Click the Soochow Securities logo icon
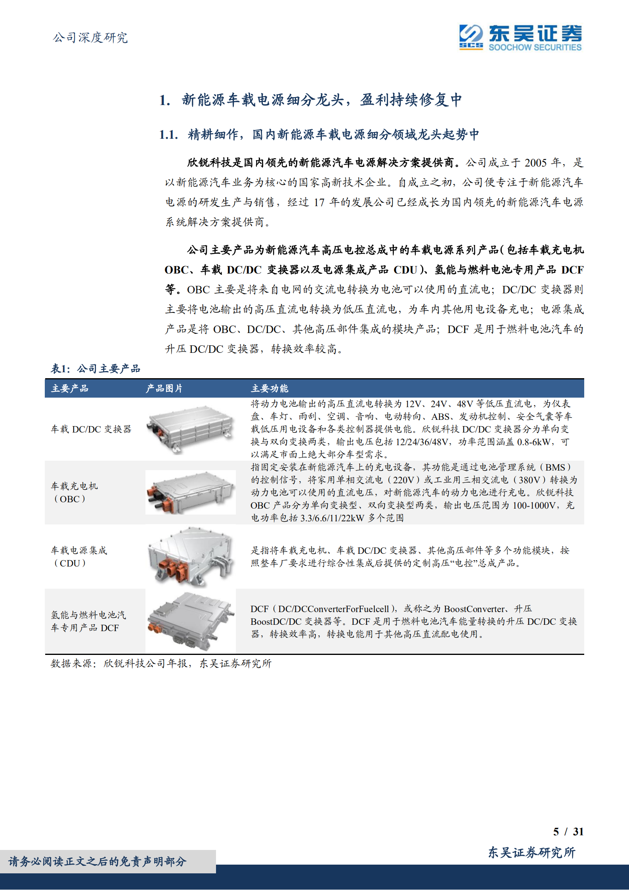[471, 37]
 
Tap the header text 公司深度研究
[90, 38]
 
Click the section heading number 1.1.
[168, 135]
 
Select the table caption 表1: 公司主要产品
[96, 369]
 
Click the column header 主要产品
[70, 389]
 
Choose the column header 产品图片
[164, 389]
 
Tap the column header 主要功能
[270, 389]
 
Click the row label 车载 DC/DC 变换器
[91, 429]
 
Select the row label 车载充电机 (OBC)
[74, 492]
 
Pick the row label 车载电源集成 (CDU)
[79, 557]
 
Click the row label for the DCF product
[88, 621]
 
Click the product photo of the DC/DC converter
[190, 429]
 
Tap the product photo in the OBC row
[190, 492]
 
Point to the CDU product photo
[190, 557]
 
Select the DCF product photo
[190, 621]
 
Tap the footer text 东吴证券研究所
[531, 852]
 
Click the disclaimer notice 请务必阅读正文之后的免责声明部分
[98, 861]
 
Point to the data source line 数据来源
[161, 663]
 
